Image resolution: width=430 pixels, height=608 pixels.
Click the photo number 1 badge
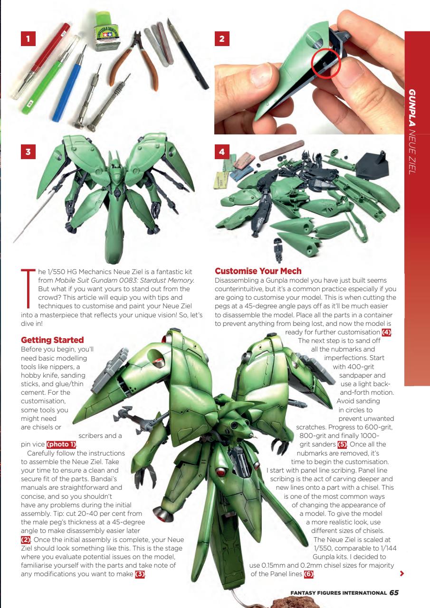point(29,39)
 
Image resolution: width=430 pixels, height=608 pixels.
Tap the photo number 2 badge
point(222,39)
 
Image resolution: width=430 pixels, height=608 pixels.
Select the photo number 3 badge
point(29,152)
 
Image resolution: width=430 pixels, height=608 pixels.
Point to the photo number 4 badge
point(222,152)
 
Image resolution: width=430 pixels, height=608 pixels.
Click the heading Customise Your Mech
point(258,271)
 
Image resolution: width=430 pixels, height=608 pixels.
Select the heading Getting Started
point(52,340)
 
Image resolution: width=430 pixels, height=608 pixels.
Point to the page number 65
point(394,593)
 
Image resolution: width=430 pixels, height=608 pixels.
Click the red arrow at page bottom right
point(402,574)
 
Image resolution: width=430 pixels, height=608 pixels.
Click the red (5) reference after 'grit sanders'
point(342,445)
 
